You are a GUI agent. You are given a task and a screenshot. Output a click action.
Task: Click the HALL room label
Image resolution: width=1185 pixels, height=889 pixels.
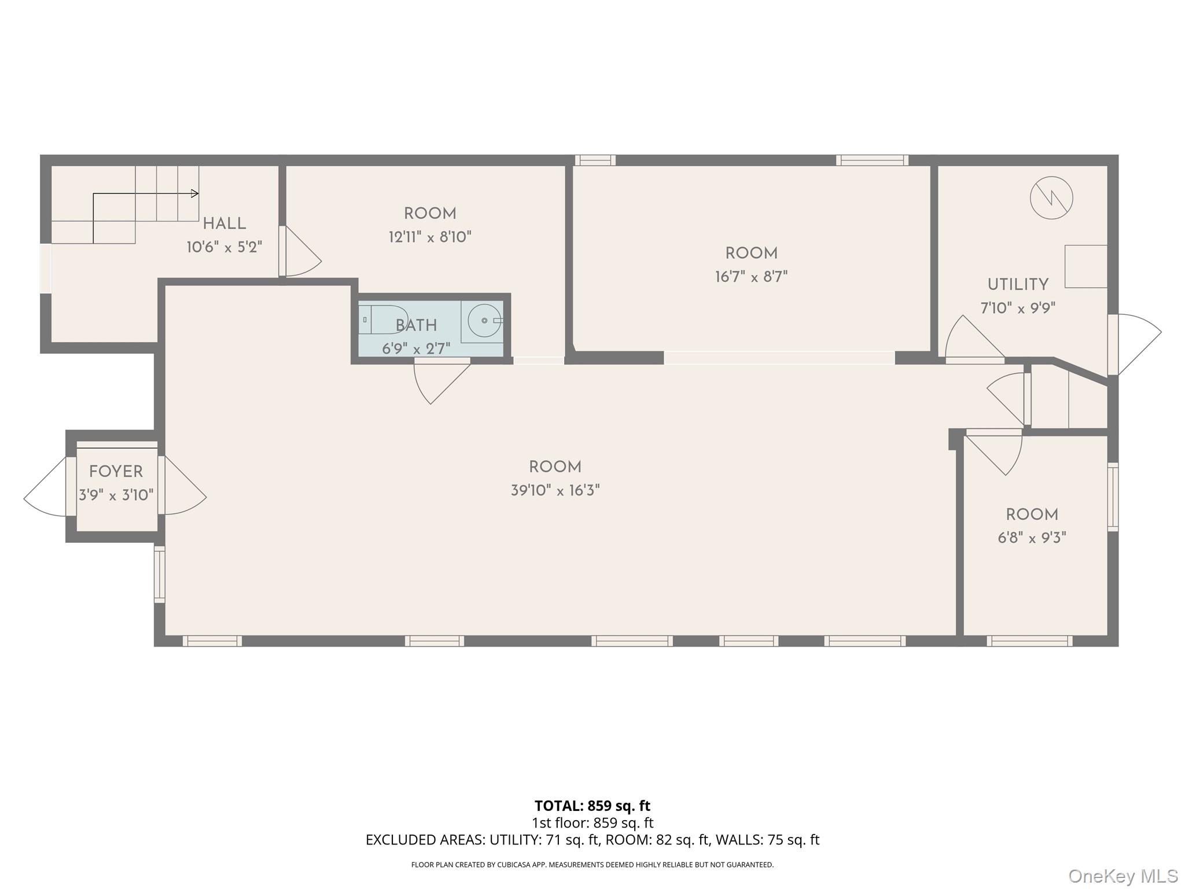coord(224,223)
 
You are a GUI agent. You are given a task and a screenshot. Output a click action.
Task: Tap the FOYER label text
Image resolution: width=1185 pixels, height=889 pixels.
coord(116,472)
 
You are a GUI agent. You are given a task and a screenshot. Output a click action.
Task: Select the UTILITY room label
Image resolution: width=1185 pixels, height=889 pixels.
coord(1017,285)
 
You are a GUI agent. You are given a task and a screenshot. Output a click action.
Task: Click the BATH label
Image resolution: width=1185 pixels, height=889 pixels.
coord(416,326)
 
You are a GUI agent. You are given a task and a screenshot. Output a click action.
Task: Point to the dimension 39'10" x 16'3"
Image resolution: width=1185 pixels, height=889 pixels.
coord(555,491)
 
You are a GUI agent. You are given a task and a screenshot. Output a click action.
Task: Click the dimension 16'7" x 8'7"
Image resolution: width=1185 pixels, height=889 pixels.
coord(751,277)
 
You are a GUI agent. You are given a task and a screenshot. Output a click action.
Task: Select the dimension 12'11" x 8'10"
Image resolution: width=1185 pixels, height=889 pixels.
coord(430,237)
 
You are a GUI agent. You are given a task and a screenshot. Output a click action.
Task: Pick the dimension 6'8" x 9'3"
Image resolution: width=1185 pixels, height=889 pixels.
coord(1032,538)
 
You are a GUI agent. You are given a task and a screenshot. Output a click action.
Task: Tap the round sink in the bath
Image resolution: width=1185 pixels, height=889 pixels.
coord(484,320)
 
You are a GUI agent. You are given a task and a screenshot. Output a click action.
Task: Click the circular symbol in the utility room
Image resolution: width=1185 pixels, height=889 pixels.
coord(1051,198)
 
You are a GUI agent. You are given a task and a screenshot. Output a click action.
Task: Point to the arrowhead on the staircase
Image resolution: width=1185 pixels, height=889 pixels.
coord(196,193)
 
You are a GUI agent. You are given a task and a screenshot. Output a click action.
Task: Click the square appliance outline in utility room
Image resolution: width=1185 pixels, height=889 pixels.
coord(1086,266)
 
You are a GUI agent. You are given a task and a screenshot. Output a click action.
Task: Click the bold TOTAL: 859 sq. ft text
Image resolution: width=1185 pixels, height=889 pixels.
coord(592,806)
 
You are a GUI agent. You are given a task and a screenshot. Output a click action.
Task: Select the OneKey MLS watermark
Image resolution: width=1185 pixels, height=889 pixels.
coord(1123,876)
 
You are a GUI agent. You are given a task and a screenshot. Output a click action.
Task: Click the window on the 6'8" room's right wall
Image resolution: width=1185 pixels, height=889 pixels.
coord(1113,497)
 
